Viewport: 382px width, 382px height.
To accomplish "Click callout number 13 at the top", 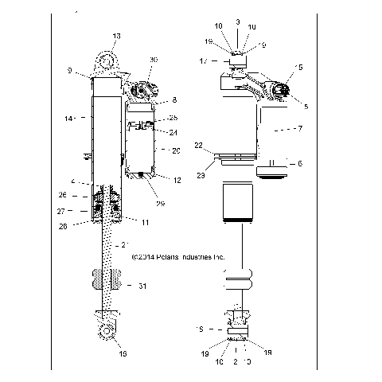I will click(x=117, y=37).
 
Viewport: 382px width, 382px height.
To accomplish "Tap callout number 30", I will click(x=154, y=60).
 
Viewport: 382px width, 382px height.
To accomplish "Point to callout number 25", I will click(x=173, y=118).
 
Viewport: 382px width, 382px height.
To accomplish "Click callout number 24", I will click(x=173, y=132).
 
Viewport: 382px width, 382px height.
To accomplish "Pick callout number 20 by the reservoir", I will click(x=176, y=150).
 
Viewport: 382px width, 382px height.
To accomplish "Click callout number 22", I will click(x=200, y=145).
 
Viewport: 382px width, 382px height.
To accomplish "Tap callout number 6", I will click(x=299, y=163).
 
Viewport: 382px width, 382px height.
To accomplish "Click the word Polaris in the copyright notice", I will click(x=159, y=258).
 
